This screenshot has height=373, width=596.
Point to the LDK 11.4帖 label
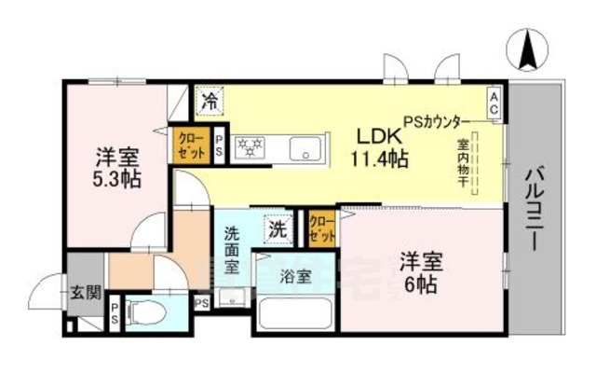[377, 145]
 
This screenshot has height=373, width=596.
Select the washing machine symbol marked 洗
[278, 226]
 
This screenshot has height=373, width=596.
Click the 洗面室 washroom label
[235, 253]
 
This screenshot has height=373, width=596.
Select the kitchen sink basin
[304, 148]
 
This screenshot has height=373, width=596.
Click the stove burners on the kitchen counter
[250, 147]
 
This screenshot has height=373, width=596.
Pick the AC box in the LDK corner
[493, 101]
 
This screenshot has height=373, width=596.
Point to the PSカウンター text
[434, 119]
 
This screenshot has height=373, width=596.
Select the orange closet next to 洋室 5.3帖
[190, 145]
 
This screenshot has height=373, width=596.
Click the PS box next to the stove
[219, 145]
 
